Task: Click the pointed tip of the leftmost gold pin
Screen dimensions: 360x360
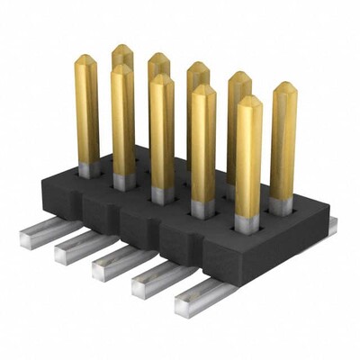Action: tap(85, 60)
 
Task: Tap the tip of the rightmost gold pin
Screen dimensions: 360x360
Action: tap(283, 88)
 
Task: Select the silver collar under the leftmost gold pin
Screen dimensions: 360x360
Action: tap(87, 169)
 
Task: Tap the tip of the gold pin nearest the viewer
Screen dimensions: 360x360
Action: tap(248, 101)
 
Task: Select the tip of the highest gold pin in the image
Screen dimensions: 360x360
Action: tap(122, 49)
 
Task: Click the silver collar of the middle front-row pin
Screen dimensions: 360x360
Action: tap(161, 194)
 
